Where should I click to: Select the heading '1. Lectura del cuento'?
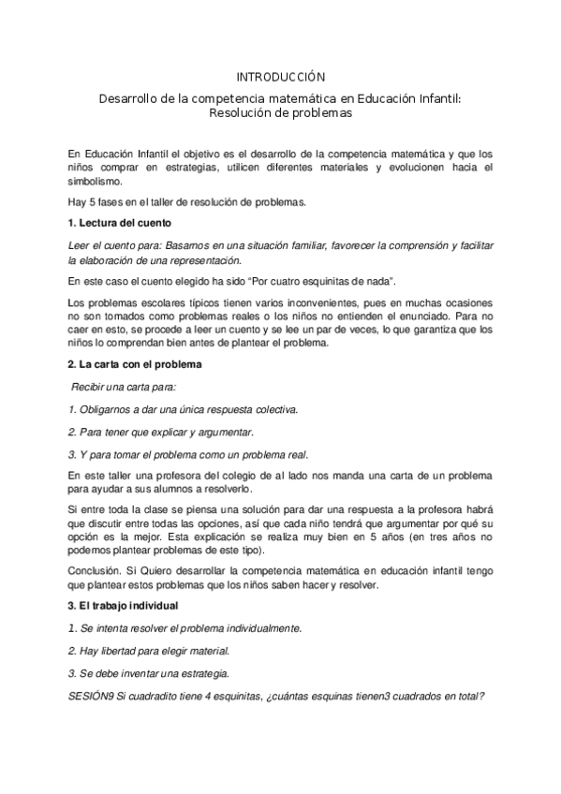116,223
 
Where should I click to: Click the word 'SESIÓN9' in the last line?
92,696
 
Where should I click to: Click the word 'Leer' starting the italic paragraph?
81,244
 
